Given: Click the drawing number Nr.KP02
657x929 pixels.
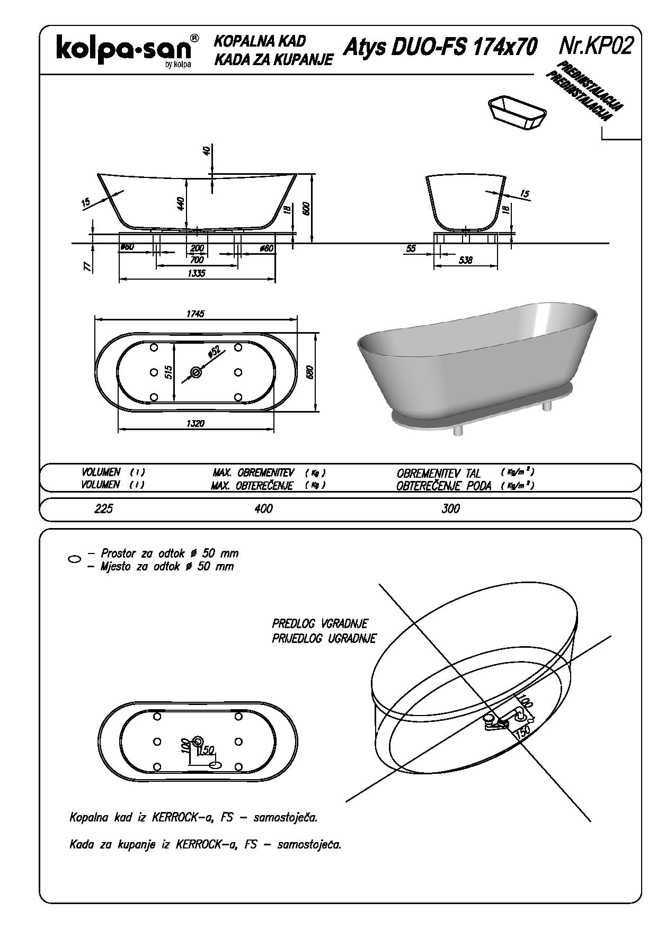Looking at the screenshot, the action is click(x=596, y=47).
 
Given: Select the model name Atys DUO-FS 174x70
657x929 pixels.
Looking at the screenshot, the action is click(x=440, y=47).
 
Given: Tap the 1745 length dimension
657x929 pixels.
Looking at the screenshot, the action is click(x=195, y=314).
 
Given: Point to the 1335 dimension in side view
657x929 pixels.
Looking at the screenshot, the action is click(x=196, y=273).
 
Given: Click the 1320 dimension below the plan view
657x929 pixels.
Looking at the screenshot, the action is click(x=195, y=423).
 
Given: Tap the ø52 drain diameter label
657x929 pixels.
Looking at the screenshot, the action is click(x=214, y=353).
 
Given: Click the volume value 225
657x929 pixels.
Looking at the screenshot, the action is click(x=104, y=508).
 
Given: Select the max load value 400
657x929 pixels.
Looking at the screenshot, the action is click(x=263, y=508).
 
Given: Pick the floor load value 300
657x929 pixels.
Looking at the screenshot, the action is click(x=450, y=508).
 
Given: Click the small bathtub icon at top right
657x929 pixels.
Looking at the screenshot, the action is click(x=517, y=112).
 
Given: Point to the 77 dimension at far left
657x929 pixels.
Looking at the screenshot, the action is click(x=88, y=266).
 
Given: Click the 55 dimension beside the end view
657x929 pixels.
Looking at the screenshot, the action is click(x=411, y=248).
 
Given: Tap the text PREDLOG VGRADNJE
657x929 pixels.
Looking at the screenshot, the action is click(x=320, y=623).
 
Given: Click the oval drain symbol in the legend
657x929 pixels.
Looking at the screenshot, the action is click(x=75, y=559).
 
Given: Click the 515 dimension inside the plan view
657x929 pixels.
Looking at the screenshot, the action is click(x=168, y=372).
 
